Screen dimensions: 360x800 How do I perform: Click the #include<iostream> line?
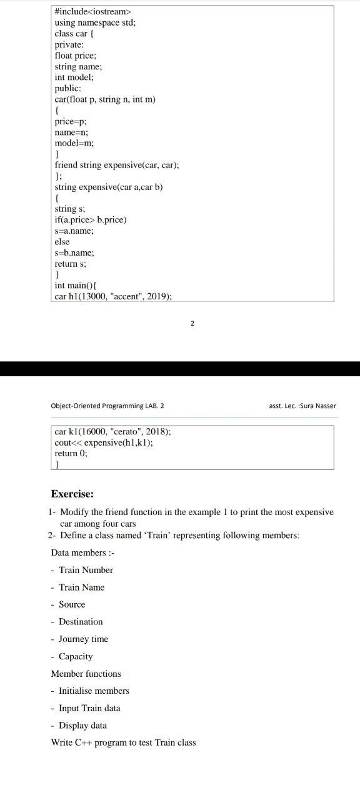pos(93,12)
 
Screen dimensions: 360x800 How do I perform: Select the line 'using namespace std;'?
pos(94,22)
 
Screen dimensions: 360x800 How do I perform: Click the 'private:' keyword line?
pos(69,44)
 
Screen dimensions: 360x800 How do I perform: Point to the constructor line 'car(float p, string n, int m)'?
pos(105,99)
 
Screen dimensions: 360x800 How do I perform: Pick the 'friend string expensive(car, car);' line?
pos(117,165)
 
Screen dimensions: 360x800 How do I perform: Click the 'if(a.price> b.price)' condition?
pos(91,219)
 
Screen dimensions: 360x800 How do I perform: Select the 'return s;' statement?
pos(70,263)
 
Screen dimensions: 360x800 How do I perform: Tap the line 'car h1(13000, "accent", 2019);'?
pos(113,296)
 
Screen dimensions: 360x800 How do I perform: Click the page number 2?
pos(192,323)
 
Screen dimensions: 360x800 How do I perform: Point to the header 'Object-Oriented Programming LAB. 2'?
pos(107,406)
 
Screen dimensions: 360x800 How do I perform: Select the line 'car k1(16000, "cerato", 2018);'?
pos(112,431)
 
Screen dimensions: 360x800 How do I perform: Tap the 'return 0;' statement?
pos(71,454)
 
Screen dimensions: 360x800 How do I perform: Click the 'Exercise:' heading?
pos(72,494)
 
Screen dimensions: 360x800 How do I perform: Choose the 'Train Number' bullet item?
pos(86,570)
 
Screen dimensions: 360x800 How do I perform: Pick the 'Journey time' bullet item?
pos(83,639)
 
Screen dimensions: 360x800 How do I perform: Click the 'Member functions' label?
pos(86,674)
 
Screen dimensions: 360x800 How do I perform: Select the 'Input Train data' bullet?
pos(89,708)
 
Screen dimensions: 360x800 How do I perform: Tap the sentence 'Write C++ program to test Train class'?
pos(123,742)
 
